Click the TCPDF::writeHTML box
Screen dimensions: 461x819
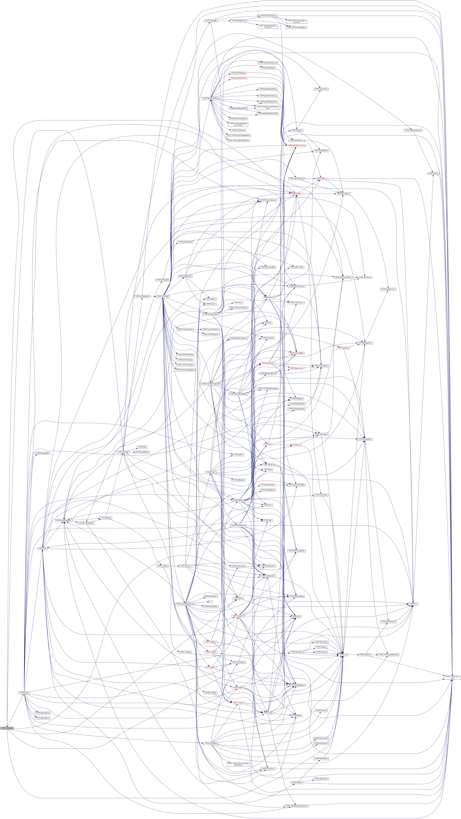click(x=163, y=296)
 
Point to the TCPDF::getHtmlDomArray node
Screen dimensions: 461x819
click(x=210, y=98)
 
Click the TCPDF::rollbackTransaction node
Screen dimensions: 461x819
click(x=413, y=130)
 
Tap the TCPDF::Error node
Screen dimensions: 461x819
click(x=413, y=604)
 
